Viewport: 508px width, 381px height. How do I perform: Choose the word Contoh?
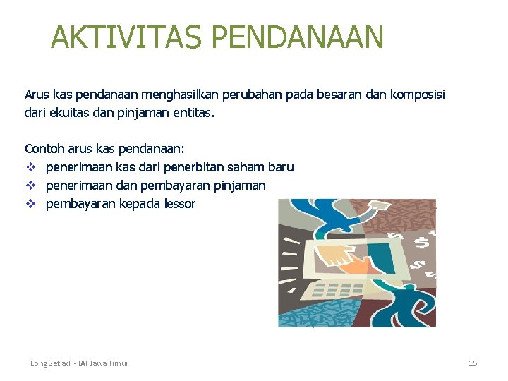(x=44, y=149)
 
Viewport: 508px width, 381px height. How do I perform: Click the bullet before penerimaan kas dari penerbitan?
(x=30, y=167)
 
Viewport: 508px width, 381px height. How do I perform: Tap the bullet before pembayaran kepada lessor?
(x=30, y=204)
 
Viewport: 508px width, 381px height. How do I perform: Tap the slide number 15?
(x=473, y=363)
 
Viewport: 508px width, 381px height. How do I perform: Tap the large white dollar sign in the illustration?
(x=421, y=242)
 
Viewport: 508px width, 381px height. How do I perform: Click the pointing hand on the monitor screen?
(x=346, y=258)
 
